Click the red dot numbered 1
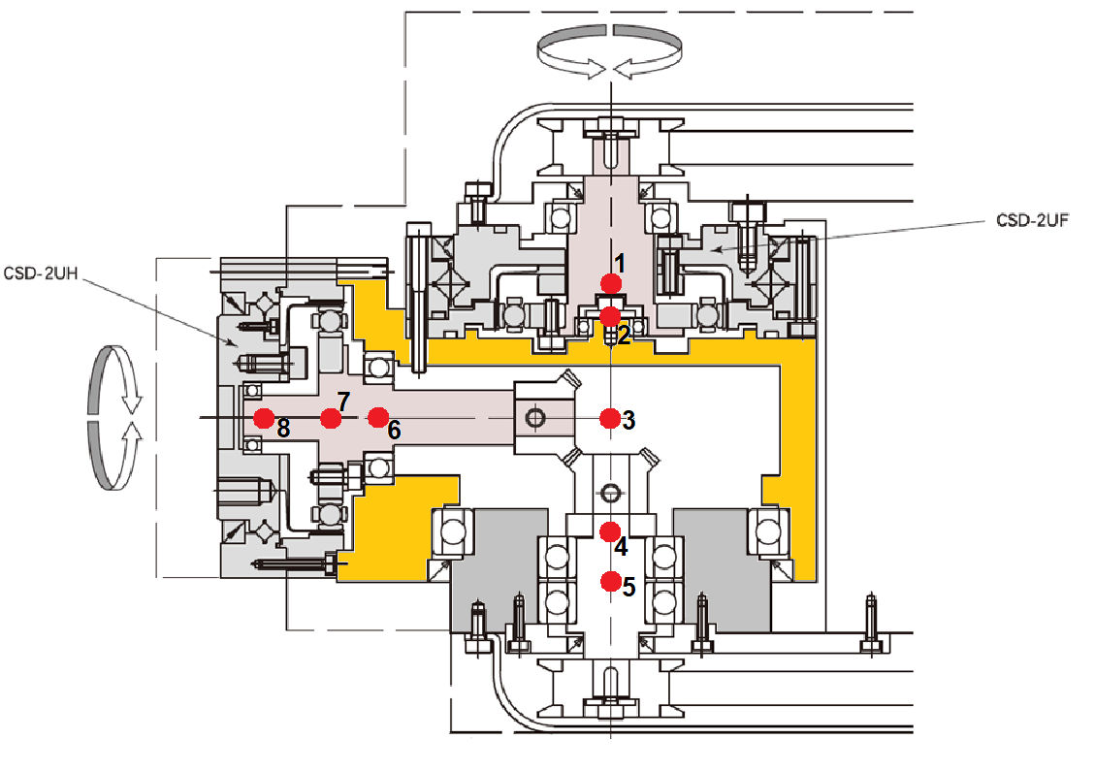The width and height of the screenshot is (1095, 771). [x=611, y=282]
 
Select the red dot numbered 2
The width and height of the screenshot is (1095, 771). [x=610, y=316]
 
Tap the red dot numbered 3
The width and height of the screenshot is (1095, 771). [x=610, y=418]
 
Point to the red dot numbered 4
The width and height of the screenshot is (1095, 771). [x=610, y=530]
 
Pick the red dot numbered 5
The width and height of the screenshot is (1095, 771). [x=610, y=581]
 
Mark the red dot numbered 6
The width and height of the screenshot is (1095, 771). [x=378, y=417]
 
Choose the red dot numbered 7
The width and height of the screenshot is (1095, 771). [x=331, y=418]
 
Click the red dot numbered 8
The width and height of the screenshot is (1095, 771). [x=262, y=418]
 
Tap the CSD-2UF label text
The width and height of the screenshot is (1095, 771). [x=1032, y=221]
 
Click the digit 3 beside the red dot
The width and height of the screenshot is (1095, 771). [x=628, y=420]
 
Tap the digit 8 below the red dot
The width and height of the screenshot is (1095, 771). [x=282, y=428]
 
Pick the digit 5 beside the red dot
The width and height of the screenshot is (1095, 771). [x=628, y=587]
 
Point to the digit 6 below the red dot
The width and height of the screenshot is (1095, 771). [x=394, y=430]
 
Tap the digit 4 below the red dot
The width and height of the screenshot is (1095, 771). [x=621, y=546]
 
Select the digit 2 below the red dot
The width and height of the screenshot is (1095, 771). [x=624, y=336]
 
